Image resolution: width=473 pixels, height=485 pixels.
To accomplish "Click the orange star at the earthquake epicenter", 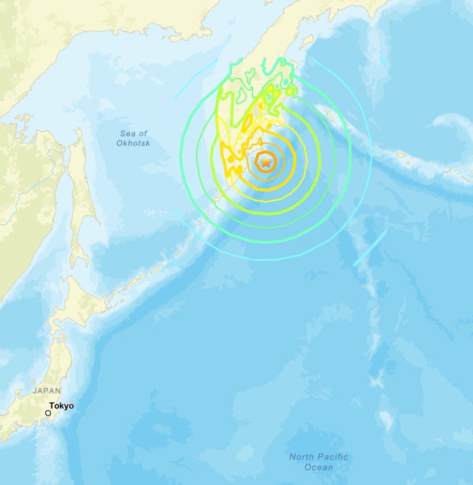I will click(x=266, y=163).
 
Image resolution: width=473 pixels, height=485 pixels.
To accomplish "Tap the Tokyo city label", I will click(x=61, y=406).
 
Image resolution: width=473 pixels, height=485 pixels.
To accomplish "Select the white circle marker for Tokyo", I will click(x=48, y=412).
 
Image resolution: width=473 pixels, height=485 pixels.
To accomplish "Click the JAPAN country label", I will click(x=46, y=391).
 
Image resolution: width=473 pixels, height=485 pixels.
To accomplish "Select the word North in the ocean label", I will click(x=298, y=456).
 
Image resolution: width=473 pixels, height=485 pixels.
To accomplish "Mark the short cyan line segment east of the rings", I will click(x=369, y=247).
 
